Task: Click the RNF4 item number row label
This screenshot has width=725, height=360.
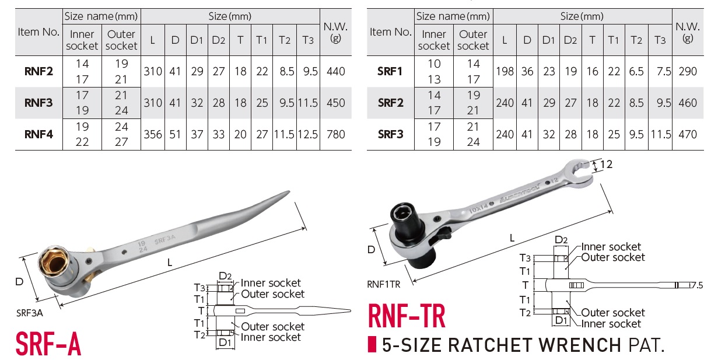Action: [x=38, y=134]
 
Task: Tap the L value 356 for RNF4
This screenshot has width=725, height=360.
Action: [x=153, y=134]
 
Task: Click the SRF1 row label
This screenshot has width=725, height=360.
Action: [x=390, y=72]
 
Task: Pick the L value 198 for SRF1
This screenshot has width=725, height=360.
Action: [x=505, y=72]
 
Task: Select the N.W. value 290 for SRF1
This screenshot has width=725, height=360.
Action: [x=688, y=72]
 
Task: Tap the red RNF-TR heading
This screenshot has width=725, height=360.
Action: [x=407, y=316]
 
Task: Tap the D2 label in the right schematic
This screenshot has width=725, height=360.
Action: [x=561, y=240]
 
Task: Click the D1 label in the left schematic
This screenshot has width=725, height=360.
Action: [x=225, y=342]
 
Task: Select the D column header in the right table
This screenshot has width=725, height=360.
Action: [x=527, y=40]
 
